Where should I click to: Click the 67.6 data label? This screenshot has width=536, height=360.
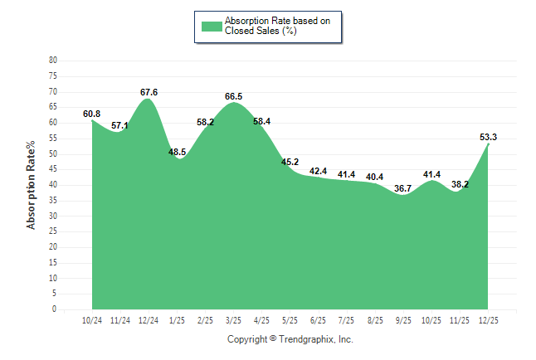click(x=149, y=92)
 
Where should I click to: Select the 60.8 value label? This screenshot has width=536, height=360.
click(x=92, y=114)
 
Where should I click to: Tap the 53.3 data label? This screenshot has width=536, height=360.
click(x=489, y=137)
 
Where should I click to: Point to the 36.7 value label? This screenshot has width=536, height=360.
click(x=403, y=188)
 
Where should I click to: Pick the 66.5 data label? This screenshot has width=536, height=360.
click(x=234, y=96)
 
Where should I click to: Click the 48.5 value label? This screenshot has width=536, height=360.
click(x=177, y=152)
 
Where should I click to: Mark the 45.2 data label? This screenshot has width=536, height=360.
click(x=290, y=162)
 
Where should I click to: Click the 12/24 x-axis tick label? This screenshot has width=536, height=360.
click(x=149, y=321)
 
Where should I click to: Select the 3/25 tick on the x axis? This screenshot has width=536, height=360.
click(x=234, y=321)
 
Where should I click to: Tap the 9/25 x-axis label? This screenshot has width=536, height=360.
click(x=403, y=321)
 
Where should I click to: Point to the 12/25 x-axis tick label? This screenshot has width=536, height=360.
click(x=489, y=321)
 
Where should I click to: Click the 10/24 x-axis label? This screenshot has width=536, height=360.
click(x=92, y=321)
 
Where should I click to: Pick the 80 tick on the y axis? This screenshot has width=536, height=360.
click(x=53, y=61)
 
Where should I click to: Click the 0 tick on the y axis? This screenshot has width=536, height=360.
click(x=55, y=309)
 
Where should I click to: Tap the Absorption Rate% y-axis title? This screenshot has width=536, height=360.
click(x=32, y=185)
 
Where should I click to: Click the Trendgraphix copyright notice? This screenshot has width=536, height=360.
click(x=290, y=339)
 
